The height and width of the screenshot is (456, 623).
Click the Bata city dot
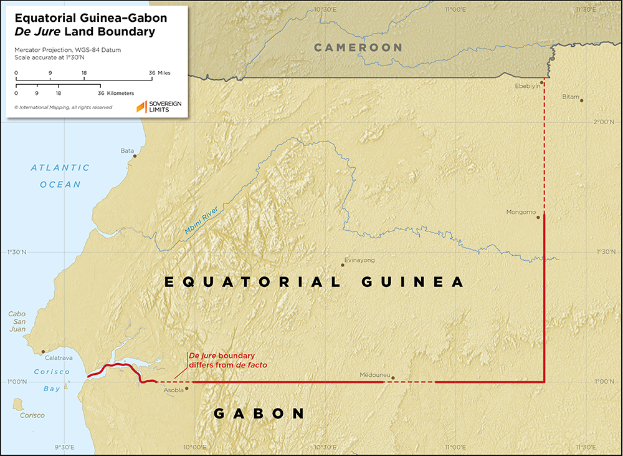(x=135, y=156)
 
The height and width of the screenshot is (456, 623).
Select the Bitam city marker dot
(x=581, y=100)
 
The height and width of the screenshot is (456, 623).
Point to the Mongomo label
(x=521, y=212)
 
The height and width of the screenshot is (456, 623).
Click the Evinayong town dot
(x=342, y=265)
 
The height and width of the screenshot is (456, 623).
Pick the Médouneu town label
(x=374, y=376)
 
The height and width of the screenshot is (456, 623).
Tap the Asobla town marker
(x=186, y=387)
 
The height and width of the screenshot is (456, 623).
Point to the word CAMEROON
(x=358, y=47)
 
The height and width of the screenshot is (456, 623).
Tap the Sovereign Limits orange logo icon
(x=141, y=107)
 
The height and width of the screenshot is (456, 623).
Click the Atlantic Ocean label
(x=60, y=176)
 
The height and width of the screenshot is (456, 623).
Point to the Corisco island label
(x=32, y=415)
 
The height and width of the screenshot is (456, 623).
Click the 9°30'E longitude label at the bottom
(x=64, y=447)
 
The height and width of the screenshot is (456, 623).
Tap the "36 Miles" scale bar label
(x=159, y=73)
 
